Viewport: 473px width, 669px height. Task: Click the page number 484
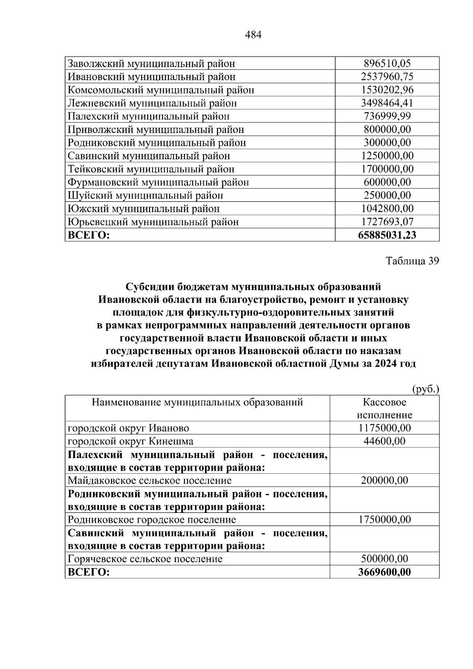253,35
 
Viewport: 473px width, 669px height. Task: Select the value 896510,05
387,63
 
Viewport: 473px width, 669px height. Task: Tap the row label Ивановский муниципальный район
151,76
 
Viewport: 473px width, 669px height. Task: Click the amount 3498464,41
387,103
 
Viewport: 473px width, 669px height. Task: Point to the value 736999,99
387,116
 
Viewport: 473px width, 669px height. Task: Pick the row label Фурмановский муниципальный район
158,182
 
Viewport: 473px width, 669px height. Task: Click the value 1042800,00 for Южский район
387,209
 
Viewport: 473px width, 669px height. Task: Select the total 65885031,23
387,235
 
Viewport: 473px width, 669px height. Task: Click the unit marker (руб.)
425,389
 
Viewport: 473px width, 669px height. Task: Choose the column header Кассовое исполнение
384,408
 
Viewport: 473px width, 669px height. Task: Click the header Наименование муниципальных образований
197,402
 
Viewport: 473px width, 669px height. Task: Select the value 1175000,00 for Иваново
385,428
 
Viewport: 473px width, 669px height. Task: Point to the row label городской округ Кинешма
130,441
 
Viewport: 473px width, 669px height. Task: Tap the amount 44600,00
385,441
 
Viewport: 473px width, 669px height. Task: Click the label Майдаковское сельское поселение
149,480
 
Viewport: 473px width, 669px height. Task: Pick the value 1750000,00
385,519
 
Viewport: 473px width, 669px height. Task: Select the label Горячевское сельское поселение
145,559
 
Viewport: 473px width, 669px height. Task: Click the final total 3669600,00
385,572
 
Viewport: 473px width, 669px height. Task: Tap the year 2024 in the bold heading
385,364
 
